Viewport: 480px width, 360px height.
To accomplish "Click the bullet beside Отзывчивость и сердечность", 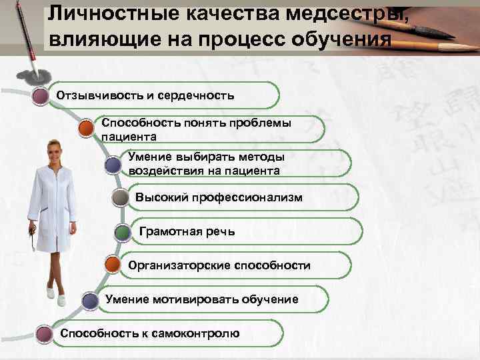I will [x=41, y=95].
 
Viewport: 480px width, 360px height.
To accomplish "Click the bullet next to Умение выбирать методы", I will [x=113, y=163].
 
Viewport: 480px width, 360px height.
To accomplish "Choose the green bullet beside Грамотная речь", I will [x=123, y=233].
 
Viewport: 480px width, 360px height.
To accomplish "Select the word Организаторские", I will [x=180, y=265].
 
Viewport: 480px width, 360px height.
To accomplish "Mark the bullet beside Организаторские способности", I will [x=113, y=265].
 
